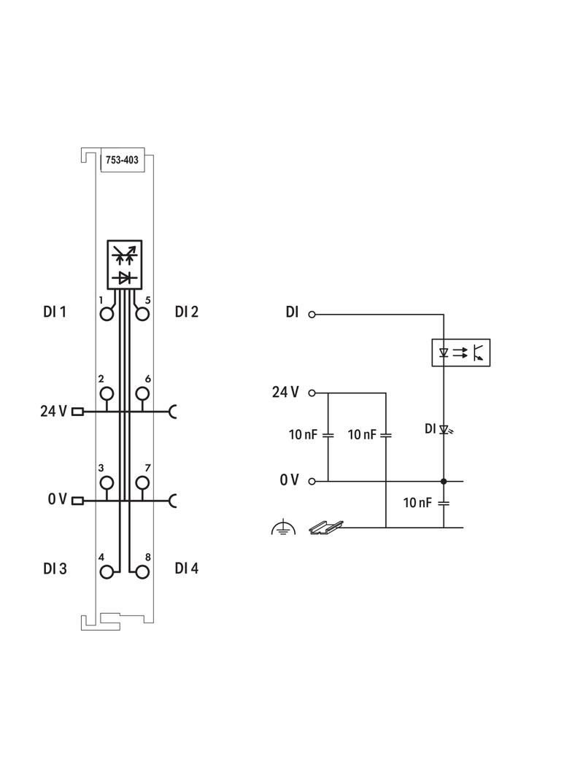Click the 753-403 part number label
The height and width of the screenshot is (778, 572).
[x=122, y=160]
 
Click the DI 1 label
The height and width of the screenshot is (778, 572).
[x=55, y=312]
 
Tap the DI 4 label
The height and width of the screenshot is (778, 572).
[x=187, y=568]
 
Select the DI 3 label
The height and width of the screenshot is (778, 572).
[x=55, y=568]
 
